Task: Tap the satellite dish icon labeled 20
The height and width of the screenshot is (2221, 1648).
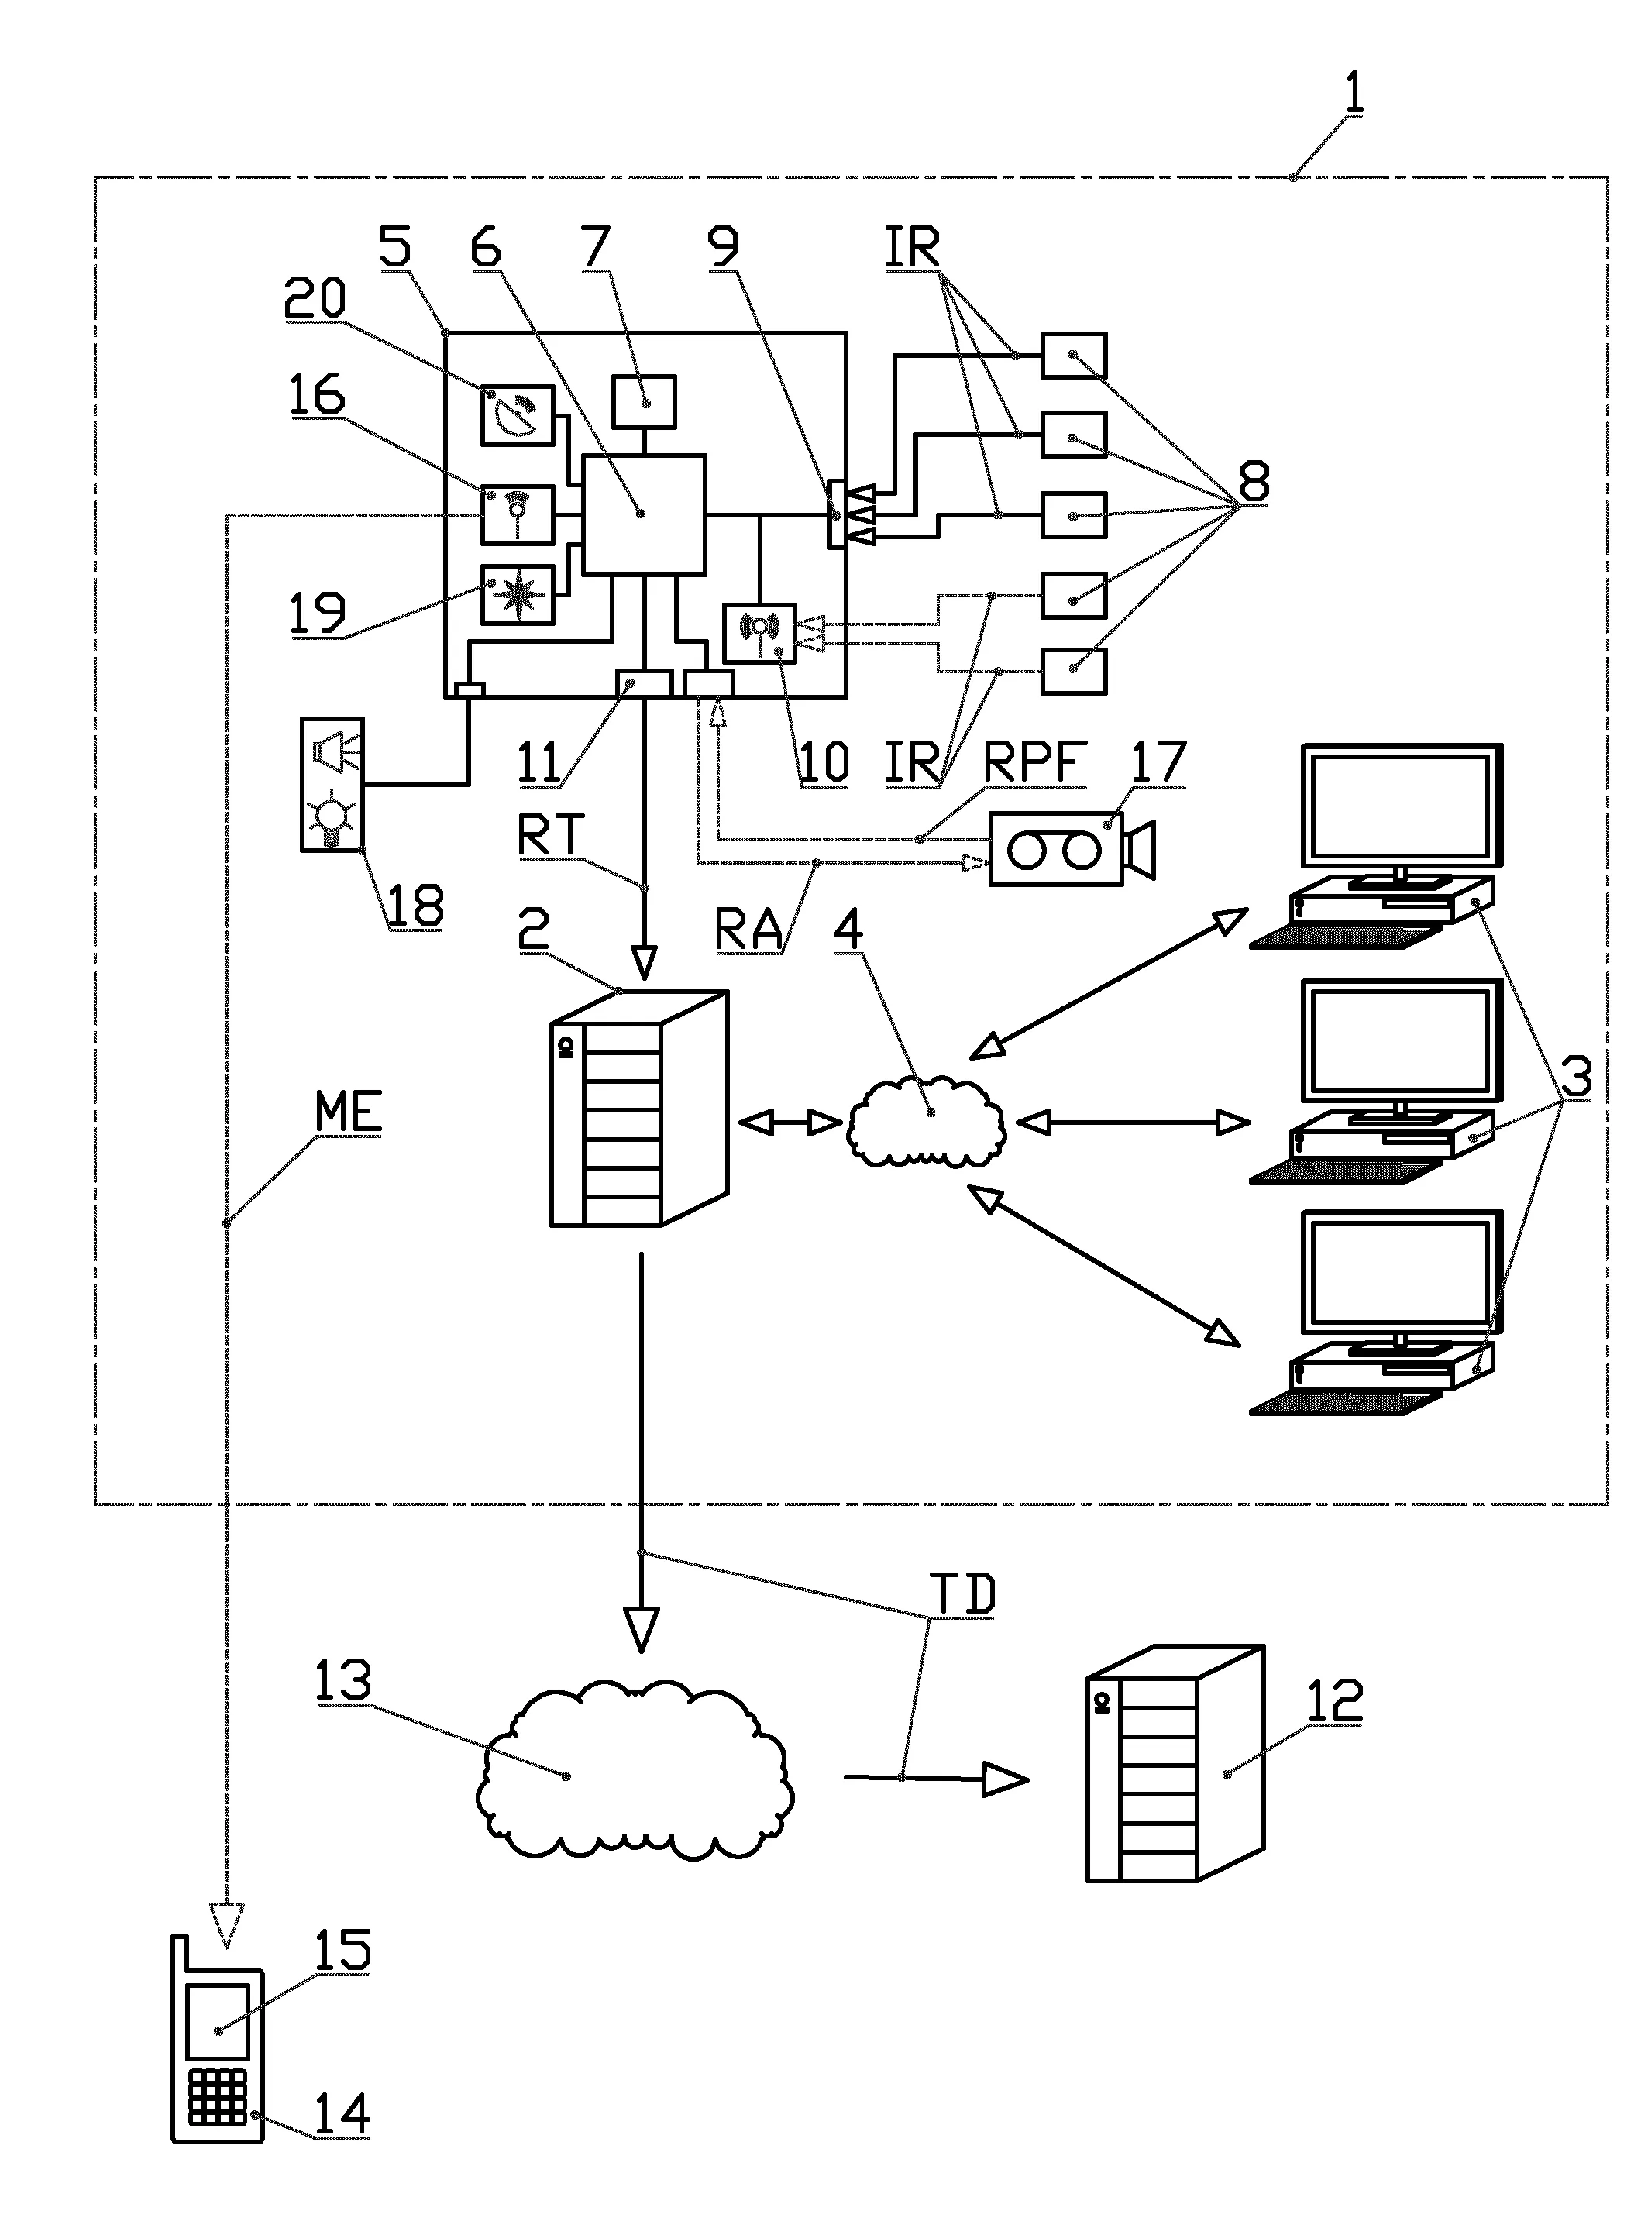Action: tap(517, 415)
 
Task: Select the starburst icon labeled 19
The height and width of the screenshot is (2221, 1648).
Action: tap(517, 594)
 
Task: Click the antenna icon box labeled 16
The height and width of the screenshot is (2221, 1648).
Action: tap(517, 514)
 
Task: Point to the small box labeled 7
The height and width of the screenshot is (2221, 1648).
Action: tap(643, 401)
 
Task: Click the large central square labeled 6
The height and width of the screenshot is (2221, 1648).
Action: tap(643, 514)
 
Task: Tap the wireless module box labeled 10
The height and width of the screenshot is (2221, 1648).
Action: tap(759, 632)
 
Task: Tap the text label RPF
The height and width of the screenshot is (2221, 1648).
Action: tap(1034, 762)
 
